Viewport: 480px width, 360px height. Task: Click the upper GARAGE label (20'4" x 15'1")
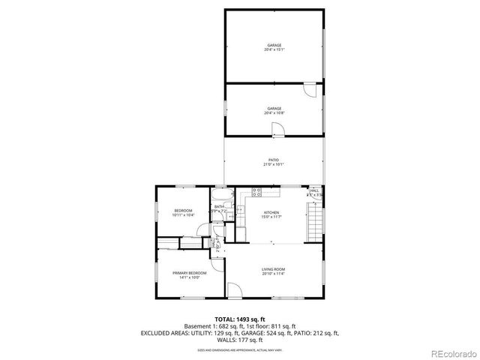[274, 49]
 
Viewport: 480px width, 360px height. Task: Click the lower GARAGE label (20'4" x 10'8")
[274, 111]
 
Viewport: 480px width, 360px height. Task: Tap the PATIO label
[274, 162]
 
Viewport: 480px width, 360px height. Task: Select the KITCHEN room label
[271, 214]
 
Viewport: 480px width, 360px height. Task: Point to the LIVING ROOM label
[274, 271]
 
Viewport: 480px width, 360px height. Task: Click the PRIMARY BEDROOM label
[189, 274]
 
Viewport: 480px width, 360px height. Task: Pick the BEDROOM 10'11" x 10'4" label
[183, 212]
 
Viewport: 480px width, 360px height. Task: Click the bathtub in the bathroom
[223, 196]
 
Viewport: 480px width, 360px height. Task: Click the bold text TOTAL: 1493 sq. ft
[240, 319]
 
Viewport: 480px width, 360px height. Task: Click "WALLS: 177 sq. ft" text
[240, 340]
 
